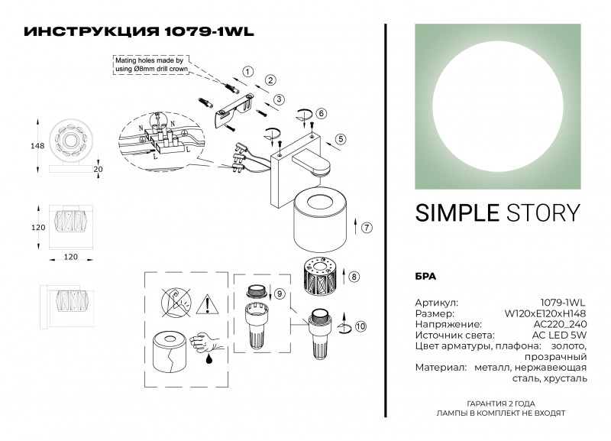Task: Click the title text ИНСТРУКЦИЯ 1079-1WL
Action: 140,32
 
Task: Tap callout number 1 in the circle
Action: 247,71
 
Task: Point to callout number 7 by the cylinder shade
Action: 367,228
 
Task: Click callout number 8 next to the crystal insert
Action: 354,277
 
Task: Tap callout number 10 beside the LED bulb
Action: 360,326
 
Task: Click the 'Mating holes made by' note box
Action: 148,65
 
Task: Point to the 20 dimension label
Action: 97,169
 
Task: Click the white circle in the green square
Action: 498,106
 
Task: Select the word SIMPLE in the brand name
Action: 454,213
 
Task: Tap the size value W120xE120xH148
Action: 545,313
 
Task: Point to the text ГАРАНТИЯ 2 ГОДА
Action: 500,403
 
